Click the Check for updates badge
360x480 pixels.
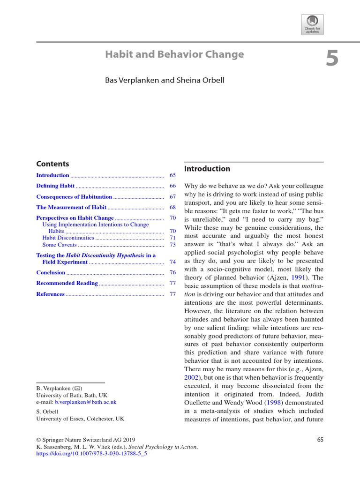[312, 24]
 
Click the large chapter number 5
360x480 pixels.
[332, 59]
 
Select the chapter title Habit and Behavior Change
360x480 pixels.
[174, 54]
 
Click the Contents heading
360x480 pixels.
[52, 164]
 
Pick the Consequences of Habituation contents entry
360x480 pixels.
[74, 196]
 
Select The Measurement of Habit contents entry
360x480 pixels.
[71, 207]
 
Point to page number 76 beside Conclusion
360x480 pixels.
[172, 272]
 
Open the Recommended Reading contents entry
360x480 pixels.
[67, 283]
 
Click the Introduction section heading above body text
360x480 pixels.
[207, 169]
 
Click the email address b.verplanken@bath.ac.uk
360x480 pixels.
[85, 402]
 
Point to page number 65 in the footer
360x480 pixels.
[320, 440]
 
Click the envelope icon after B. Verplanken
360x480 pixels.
[78, 389]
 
